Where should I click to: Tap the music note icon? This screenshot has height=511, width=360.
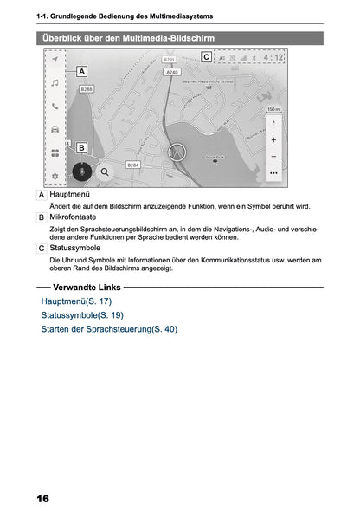[55, 83]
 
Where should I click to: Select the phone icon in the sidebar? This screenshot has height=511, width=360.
[55, 107]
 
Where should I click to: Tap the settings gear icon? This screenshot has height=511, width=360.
[55, 176]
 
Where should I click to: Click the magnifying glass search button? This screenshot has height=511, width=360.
[105, 171]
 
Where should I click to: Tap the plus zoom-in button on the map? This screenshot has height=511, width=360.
[273, 139]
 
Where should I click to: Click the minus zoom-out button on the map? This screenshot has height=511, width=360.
[273, 156]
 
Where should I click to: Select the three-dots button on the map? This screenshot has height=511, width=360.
[273, 173]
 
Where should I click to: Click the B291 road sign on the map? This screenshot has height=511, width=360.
[170, 61]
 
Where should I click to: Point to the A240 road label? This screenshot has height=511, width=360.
[172, 73]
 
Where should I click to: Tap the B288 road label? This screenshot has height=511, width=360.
[87, 89]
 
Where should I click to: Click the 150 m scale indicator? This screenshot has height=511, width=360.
[273, 110]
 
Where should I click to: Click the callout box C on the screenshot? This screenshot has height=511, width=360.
[206, 57]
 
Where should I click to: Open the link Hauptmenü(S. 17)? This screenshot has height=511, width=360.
[76, 301]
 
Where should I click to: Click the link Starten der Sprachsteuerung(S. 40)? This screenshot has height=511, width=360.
[108, 328]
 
